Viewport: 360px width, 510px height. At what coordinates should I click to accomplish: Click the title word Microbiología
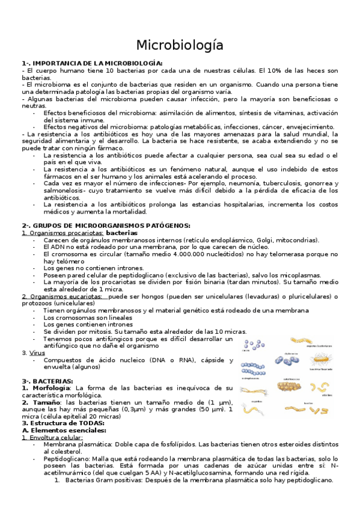click(x=180, y=45)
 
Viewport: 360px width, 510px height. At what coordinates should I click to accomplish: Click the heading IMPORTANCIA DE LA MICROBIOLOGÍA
click(x=96, y=63)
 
